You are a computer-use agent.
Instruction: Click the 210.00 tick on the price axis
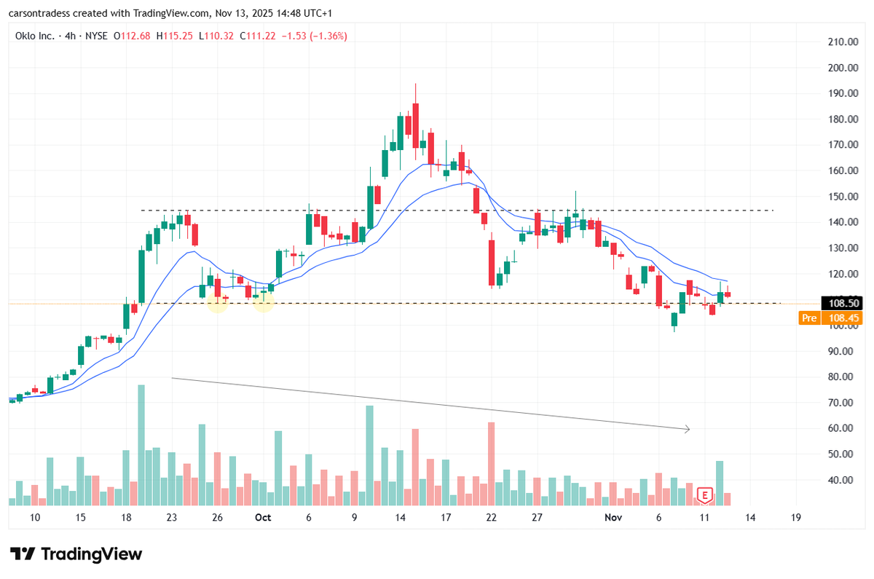click(841, 42)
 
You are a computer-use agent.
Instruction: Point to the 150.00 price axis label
click(841, 197)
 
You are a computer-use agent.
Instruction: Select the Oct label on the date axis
click(263, 517)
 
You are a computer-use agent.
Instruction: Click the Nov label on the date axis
click(614, 517)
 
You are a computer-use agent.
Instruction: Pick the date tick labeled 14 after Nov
click(750, 517)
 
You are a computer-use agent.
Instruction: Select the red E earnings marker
click(704, 495)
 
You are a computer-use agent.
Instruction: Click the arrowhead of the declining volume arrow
click(687, 429)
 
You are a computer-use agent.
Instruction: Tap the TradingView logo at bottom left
click(76, 554)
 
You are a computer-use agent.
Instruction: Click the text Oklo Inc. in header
click(35, 35)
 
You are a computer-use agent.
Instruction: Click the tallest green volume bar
click(141, 444)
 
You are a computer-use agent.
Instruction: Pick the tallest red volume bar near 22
click(492, 463)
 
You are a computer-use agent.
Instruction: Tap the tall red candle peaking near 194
click(415, 120)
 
